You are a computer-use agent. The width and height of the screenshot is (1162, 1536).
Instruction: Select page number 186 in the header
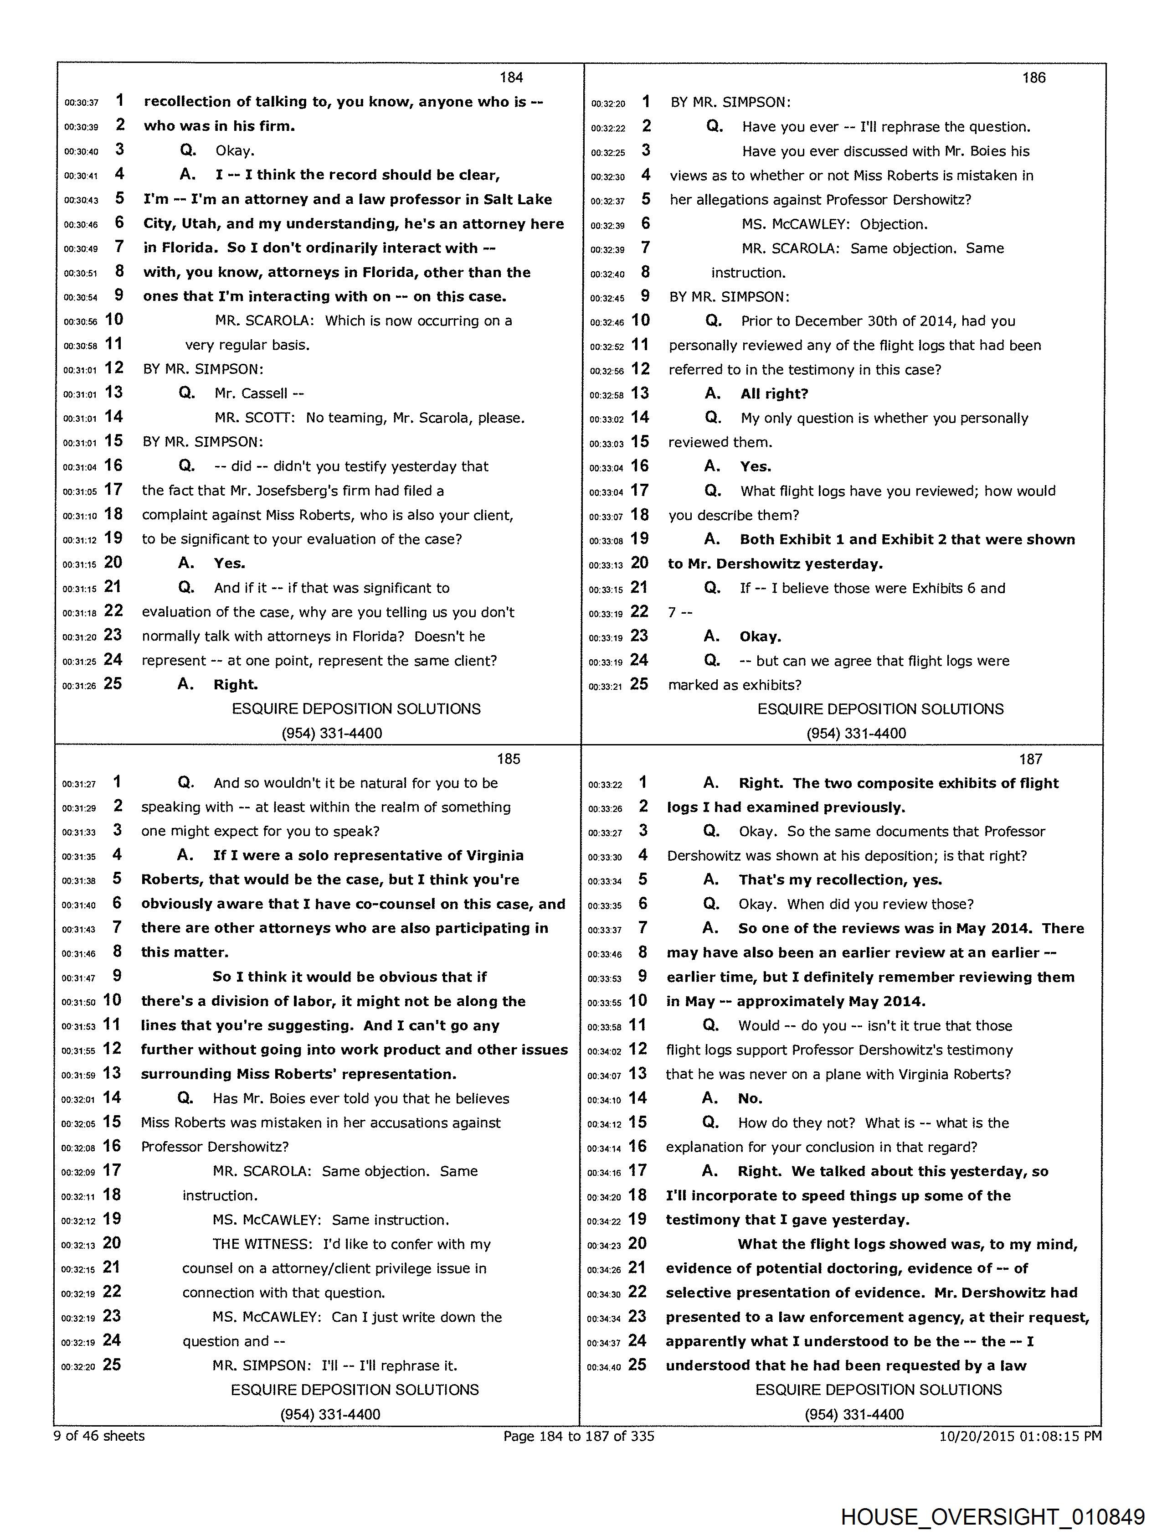[1033, 77]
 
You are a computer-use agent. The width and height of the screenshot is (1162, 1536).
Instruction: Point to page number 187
[1031, 759]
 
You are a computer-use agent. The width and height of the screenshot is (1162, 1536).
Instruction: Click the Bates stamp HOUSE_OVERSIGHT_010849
[992, 1516]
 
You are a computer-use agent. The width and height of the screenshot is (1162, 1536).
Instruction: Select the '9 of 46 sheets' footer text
[99, 1435]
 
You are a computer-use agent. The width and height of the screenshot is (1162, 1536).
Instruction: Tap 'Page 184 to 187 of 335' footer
[579, 1435]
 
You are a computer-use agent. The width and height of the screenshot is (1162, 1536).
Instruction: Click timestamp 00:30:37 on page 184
[81, 103]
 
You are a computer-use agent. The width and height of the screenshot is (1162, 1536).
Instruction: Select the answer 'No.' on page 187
[750, 1098]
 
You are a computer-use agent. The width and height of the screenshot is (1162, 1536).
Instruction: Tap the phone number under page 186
[856, 733]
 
